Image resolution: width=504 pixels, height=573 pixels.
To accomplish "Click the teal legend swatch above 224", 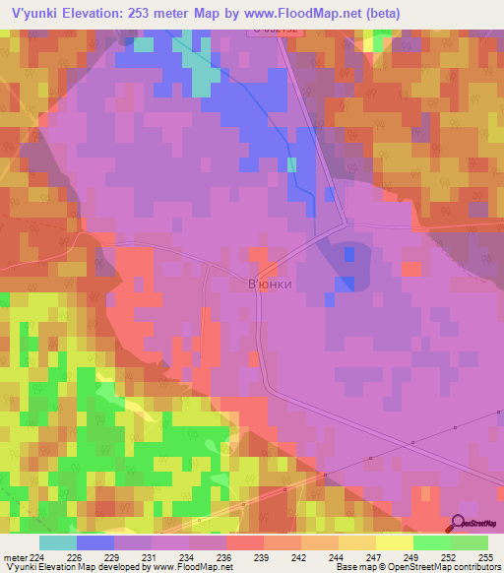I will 58,542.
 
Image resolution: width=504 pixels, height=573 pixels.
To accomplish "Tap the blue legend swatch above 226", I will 95,542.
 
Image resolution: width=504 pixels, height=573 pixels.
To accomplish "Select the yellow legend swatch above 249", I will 395,542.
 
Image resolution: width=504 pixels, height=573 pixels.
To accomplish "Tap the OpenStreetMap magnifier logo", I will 459,523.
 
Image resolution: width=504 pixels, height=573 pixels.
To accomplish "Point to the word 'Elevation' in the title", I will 100,13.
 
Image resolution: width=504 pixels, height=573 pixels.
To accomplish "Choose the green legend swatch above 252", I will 432,542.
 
